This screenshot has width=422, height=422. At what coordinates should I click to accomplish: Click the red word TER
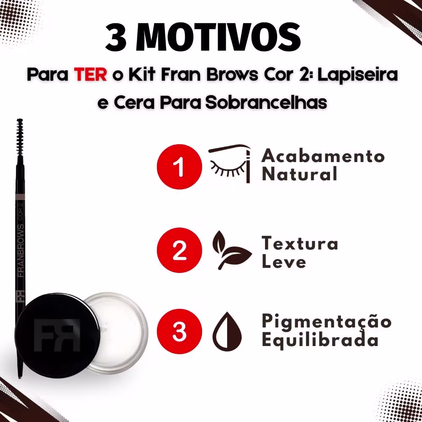[90, 75]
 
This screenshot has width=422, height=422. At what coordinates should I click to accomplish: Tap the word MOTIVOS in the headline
[218, 37]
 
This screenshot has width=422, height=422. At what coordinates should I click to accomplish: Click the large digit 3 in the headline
[116, 37]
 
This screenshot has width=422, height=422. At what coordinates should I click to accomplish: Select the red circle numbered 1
[179, 167]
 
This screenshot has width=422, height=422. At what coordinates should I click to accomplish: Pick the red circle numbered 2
[179, 250]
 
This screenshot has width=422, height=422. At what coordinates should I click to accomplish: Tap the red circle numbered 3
[179, 331]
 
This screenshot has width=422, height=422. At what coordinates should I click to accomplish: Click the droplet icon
[227, 331]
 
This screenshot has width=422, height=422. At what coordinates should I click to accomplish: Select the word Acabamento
[323, 156]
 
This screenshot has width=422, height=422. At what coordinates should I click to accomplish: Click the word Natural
[299, 173]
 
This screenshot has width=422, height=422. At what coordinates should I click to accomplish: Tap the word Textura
[300, 243]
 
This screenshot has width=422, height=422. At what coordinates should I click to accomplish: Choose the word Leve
[284, 261]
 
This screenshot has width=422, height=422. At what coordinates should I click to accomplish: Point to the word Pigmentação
[327, 322]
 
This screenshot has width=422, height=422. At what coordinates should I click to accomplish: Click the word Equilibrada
[320, 340]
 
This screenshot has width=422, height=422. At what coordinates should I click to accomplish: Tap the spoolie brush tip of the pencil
[20, 137]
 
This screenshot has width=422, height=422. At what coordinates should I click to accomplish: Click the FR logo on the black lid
[57, 335]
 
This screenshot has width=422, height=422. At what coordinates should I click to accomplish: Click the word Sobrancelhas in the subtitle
[266, 103]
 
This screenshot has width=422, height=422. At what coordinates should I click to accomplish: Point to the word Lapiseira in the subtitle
[358, 75]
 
